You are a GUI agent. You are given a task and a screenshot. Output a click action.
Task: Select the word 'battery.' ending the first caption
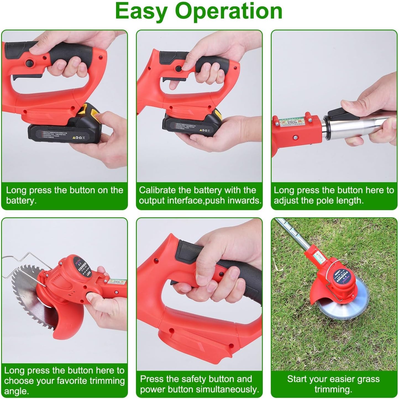coord(21,200)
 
